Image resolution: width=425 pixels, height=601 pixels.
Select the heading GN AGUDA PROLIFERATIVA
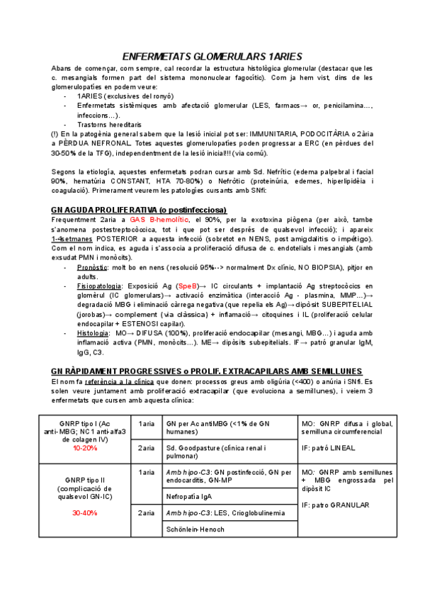coord(139,210)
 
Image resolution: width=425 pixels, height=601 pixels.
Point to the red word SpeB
coord(188,285)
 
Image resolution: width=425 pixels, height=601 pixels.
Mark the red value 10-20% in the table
coord(85,448)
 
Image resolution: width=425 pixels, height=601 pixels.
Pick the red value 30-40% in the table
coord(85,512)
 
